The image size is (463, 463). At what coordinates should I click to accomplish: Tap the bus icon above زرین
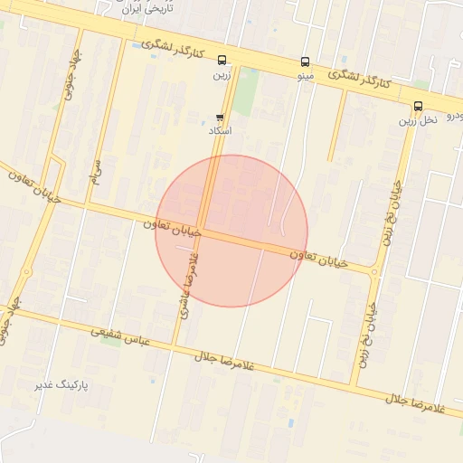222,61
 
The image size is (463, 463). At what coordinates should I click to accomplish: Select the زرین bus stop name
222,75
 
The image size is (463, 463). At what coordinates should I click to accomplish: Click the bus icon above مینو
305,62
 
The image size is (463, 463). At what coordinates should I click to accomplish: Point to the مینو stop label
305,77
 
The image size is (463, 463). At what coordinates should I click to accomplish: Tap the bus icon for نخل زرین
418,106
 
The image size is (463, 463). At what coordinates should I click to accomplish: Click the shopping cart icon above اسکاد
220,118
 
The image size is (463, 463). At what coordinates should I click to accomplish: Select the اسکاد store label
220,131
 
